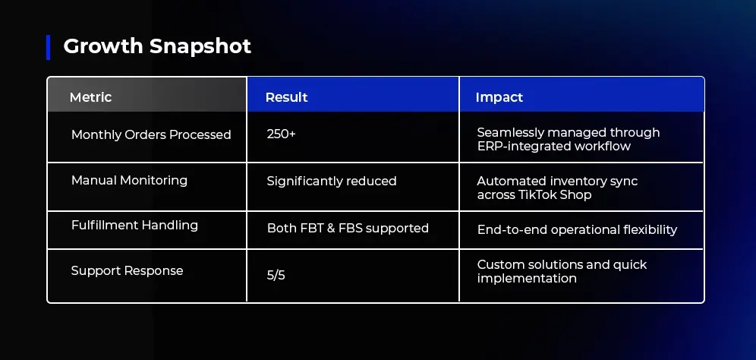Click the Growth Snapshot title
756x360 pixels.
coord(157,46)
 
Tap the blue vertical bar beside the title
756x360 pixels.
coord(49,47)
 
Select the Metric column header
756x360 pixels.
coord(90,97)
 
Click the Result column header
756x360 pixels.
coord(286,97)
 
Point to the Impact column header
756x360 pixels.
coord(499,97)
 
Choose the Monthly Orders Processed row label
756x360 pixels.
coord(151,134)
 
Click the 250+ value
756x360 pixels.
coord(281,134)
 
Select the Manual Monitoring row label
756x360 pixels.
coord(129,181)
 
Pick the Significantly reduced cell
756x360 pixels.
coord(332,181)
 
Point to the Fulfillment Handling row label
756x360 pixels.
coord(134,226)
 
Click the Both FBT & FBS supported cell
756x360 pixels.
coord(348,228)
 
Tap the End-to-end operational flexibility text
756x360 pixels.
coord(577,229)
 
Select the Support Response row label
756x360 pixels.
coord(128,270)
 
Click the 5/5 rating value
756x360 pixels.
coord(276,276)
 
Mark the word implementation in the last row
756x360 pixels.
coord(527,279)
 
